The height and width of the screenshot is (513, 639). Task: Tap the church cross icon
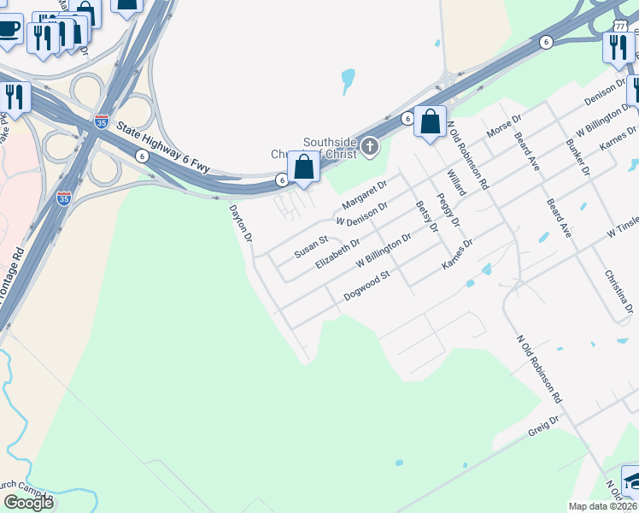tap(370, 146)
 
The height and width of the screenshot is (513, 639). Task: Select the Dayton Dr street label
tap(242, 225)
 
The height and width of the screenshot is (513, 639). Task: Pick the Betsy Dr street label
tap(426, 217)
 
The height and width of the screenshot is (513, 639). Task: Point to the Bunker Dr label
tap(578, 157)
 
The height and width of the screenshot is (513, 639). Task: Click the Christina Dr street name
tap(619, 290)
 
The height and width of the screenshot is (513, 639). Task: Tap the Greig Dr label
tap(542, 426)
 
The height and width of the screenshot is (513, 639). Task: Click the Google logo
tap(28, 502)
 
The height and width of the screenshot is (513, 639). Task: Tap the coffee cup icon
tap(8, 29)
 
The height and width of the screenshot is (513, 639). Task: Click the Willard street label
tap(456, 182)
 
